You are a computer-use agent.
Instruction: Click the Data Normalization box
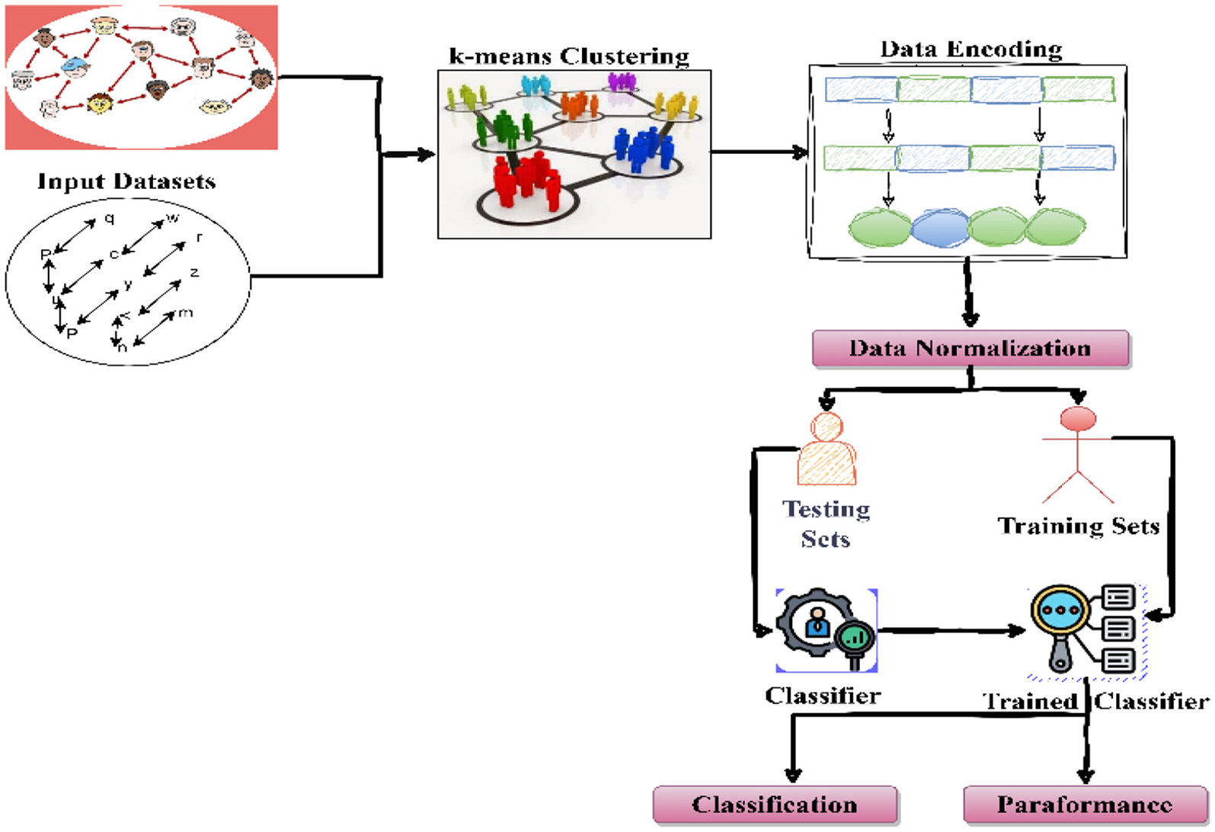coord(970,349)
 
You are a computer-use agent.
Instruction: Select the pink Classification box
coord(775,805)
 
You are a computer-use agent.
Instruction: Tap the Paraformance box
coord(1085,805)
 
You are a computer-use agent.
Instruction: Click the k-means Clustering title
coord(569,56)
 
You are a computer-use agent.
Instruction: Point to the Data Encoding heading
coord(971,50)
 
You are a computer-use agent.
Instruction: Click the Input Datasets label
coord(126,181)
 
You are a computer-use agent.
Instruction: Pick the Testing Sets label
coord(827,523)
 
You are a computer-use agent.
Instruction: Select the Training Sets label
coord(1079,526)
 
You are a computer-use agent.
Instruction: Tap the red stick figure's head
coord(1078,419)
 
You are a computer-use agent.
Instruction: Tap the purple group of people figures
coord(622,81)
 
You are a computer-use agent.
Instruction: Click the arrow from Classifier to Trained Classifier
coord(952,631)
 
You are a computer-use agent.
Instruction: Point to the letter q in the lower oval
coord(110,219)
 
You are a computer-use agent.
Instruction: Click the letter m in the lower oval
coord(185,313)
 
